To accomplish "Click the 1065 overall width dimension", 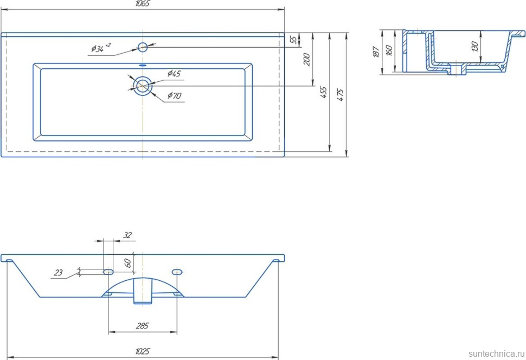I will (x=142, y=4).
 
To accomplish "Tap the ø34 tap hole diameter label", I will (x=100, y=49).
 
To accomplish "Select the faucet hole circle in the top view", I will (x=143, y=47).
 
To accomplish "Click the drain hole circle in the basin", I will (x=143, y=86).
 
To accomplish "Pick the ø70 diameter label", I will (x=174, y=96).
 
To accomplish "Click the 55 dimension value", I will (x=293, y=40).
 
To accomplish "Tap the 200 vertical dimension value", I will (x=307, y=59).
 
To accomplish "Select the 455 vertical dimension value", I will (x=323, y=93).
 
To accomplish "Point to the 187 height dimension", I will (x=376, y=53).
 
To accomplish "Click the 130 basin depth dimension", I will (x=475, y=47).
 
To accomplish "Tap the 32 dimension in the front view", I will (x=127, y=235).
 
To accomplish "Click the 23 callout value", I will (x=59, y=273).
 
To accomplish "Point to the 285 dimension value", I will (x=142, y=326).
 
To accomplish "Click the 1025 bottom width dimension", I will (x=142, y=351).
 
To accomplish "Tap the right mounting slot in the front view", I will (x=177, y=271).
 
